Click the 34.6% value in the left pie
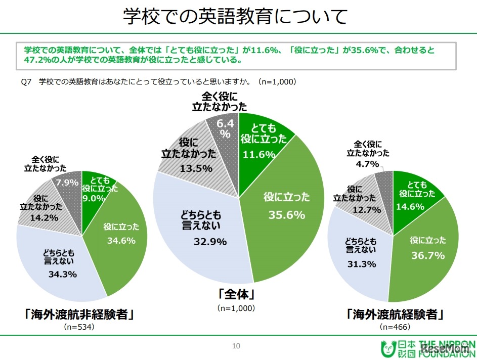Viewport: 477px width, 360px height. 121,241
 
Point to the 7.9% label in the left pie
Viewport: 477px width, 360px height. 69,182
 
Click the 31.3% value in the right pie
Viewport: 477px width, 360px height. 357,263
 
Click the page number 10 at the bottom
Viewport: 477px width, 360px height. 235,346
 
